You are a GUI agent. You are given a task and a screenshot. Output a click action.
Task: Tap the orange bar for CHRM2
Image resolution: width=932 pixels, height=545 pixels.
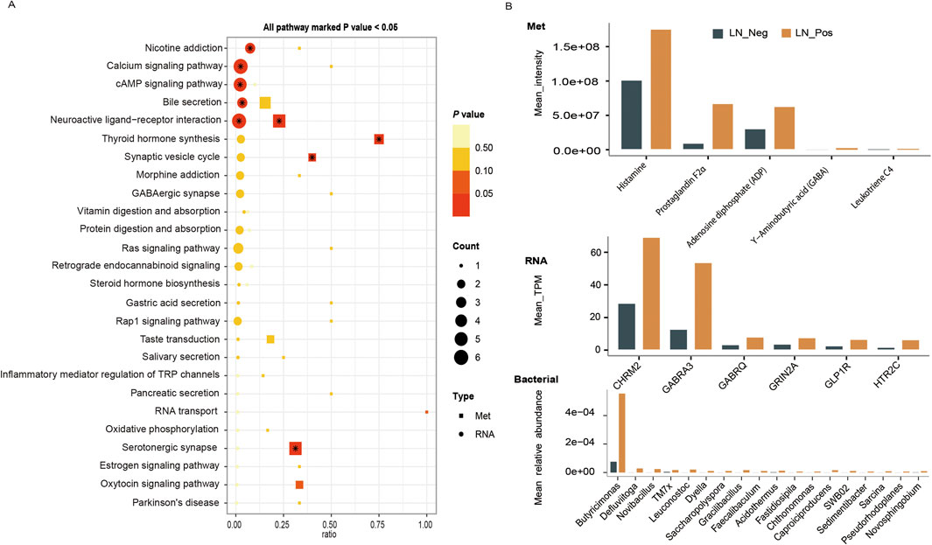(x=650, y=294)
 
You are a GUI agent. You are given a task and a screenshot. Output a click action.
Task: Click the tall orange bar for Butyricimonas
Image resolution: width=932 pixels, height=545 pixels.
(x=622, y=433)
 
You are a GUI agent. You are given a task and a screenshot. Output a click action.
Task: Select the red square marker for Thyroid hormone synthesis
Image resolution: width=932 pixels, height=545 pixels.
(x=379, y=139)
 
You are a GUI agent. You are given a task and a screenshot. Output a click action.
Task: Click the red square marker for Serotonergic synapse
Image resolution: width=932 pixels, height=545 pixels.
(x=296, y=449)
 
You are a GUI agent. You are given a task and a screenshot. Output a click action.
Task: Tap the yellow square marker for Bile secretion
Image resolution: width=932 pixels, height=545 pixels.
(x=265, y=102)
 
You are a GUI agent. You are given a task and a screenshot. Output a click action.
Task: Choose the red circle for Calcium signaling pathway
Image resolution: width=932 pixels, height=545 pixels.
(x=240, y=66)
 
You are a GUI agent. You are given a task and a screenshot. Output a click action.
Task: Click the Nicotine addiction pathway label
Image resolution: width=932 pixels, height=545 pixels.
(x=184, y=48)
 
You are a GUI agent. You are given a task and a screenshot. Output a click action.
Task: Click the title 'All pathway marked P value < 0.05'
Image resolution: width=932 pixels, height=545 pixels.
(x=326, y=27)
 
